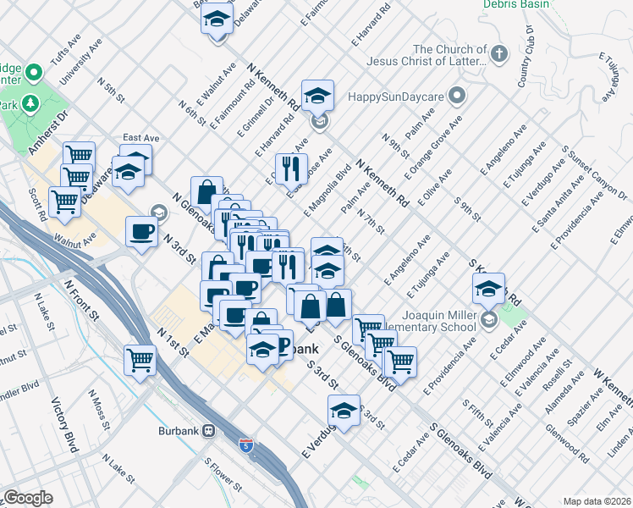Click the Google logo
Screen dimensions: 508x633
tap(27, 498)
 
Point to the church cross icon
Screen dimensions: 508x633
tap(498, 54)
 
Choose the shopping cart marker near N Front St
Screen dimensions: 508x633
tap(140, 359)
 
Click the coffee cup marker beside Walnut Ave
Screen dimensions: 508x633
tap(141, 231)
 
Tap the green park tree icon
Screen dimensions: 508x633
tap(32, 102)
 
